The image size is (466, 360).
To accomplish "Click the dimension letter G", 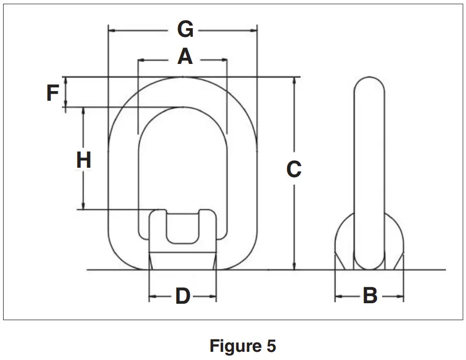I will tap(185, 30).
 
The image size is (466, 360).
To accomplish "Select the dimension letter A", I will tap(185, 57).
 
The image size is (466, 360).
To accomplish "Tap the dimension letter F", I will tap(53, 93).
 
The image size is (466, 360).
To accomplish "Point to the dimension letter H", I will tap(83, 161).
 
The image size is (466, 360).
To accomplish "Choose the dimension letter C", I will tap(294, 169).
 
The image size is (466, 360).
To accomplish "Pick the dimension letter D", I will tap(183, 296).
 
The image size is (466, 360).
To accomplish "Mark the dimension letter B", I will tap(370, 296).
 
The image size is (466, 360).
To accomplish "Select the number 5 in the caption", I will tap(271, 346).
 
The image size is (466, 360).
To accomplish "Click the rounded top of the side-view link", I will tap(369, 84).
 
